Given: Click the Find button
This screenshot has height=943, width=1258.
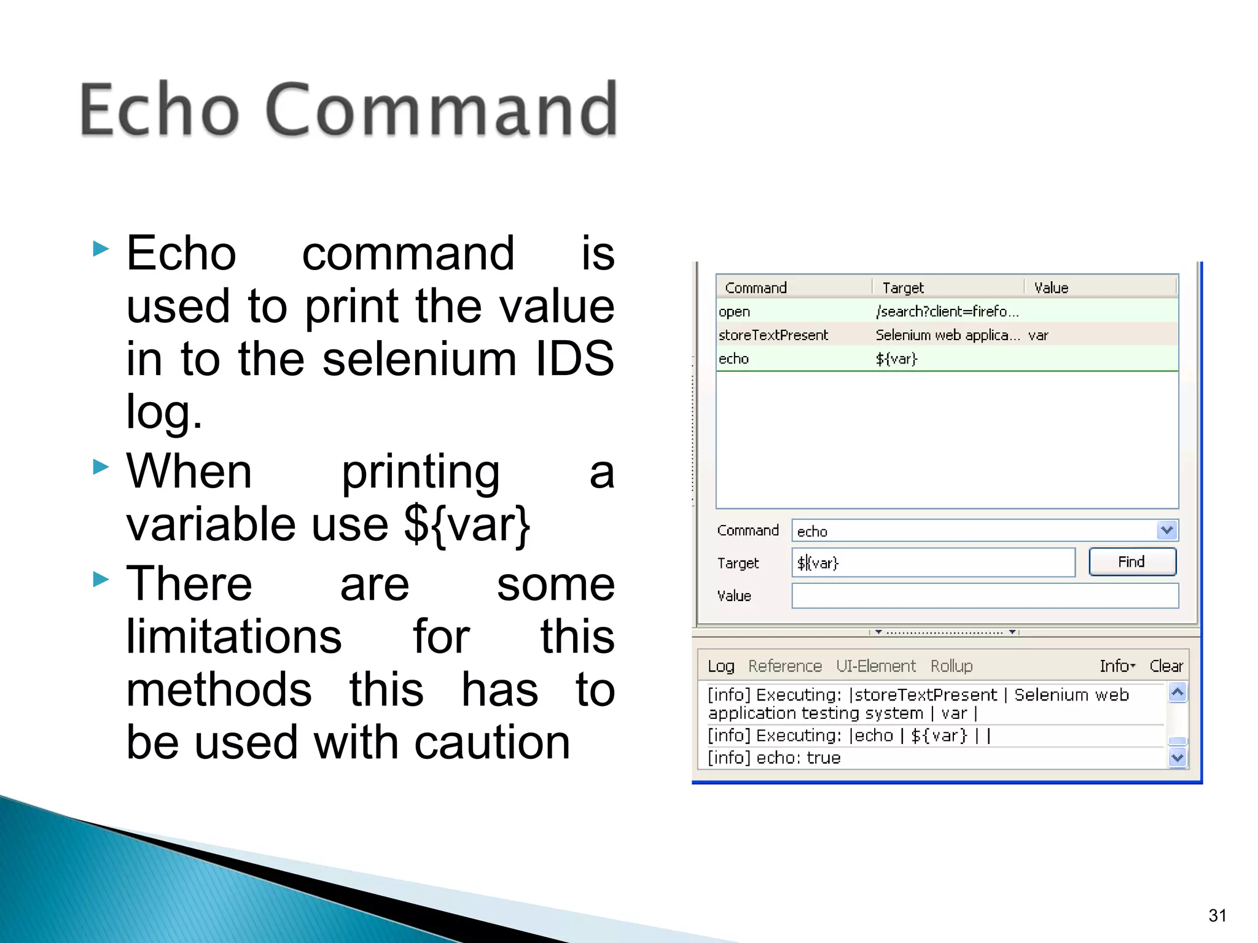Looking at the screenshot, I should tap(1131, 562).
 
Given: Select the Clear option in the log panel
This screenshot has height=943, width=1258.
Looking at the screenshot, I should tap(1165, 666).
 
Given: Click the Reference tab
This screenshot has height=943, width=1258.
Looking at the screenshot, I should tap(784, 666).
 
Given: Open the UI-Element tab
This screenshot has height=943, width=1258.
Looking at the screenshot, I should tap(875, 666).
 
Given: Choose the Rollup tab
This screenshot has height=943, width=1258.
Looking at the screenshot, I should tap(951, 666).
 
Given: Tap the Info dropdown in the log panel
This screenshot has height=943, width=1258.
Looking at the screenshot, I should tap(1117, 666).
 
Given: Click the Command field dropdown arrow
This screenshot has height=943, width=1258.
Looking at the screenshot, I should tap(1166, 530).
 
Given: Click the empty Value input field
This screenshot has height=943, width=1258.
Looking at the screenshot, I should tap(984, 596).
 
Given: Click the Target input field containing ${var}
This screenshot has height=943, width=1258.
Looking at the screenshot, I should tap(932, 563).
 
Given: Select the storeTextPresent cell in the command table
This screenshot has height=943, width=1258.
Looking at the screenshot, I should tap(773, 335).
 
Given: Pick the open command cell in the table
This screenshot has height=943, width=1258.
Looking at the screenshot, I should tap(735, 312).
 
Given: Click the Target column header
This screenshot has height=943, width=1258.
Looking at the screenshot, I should tap(903, 287).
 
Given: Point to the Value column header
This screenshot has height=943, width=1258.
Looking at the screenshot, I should tap(1051, 287).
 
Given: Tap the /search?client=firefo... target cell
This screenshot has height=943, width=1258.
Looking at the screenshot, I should tap(947, 312).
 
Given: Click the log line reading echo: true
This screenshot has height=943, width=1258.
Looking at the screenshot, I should tap(774, 758).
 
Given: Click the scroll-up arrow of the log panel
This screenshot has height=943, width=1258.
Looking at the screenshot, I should tap(1177, 693).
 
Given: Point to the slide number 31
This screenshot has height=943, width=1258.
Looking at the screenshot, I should tap(1217, 915).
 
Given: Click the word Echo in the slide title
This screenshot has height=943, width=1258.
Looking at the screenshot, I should tap(158, 110).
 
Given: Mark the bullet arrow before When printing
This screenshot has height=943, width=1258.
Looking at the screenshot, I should tap(101, 467).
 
